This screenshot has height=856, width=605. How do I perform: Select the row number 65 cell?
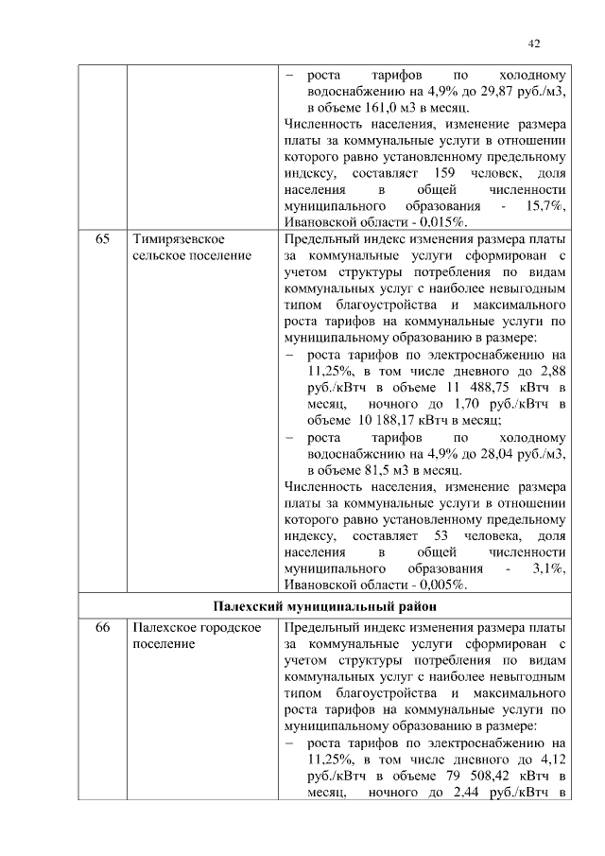(102, 239)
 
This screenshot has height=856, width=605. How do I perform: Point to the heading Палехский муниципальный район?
(321, 605)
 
